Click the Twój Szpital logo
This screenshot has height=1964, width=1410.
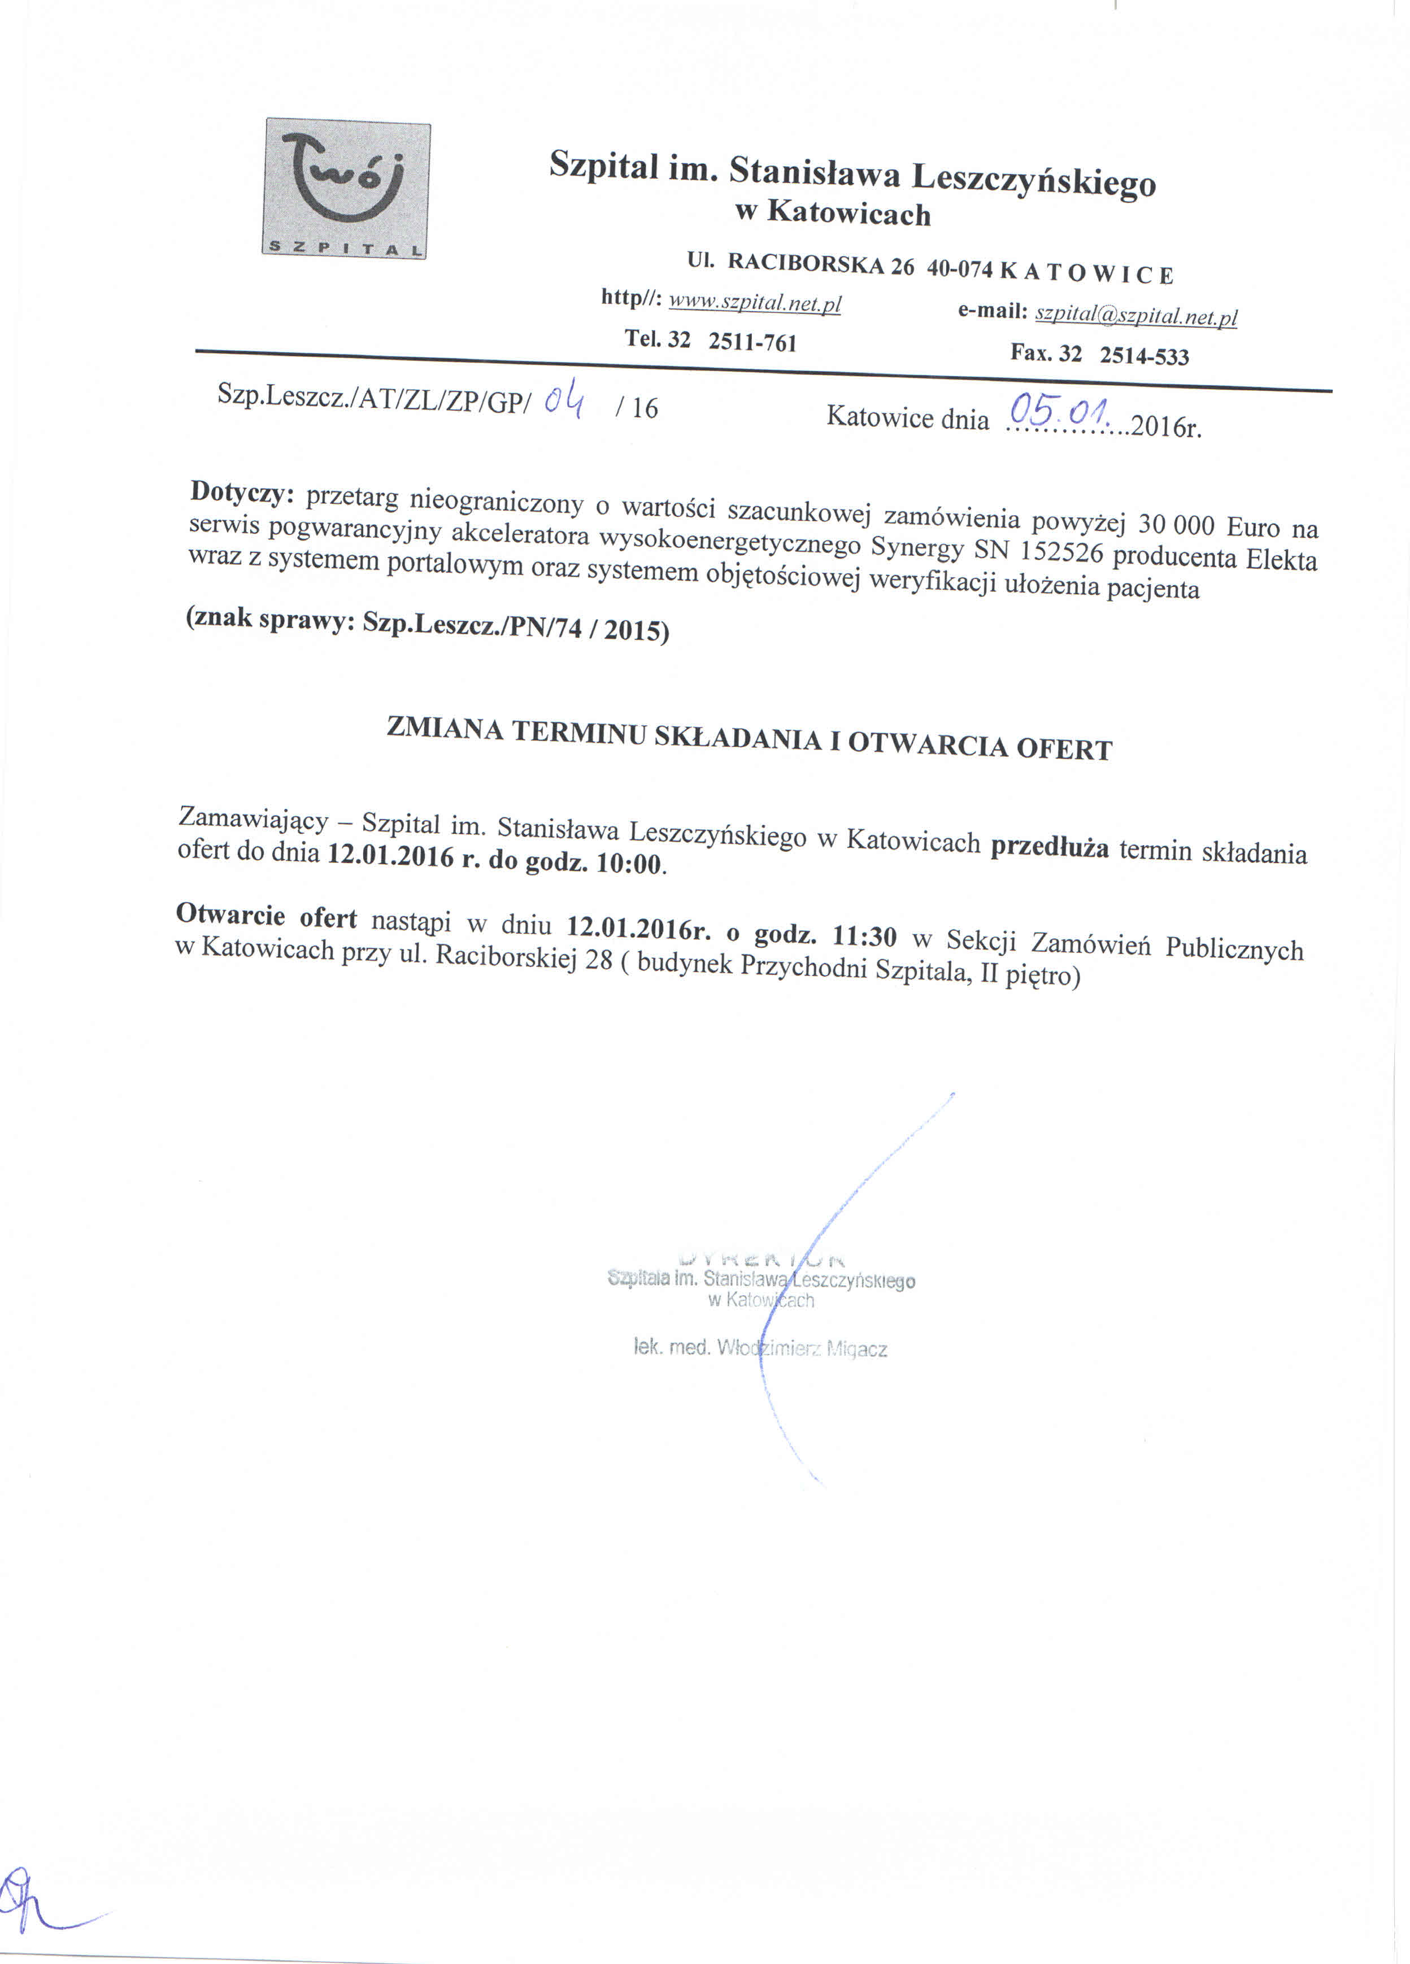[346, 188]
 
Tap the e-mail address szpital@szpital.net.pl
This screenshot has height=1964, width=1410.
[1135, 316]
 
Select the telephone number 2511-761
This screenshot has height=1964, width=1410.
[752, 342]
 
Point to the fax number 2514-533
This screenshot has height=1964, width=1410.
[1143, 356]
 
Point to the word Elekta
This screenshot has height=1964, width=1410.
[1281, 559]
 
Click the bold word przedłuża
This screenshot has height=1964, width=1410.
[1049, 847]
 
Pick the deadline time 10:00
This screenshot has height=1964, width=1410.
[630, 863]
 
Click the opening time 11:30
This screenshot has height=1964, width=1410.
[864, 936]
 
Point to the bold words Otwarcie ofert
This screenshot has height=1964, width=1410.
[266, 915]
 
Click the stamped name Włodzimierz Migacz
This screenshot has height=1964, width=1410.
[801, 1348]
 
